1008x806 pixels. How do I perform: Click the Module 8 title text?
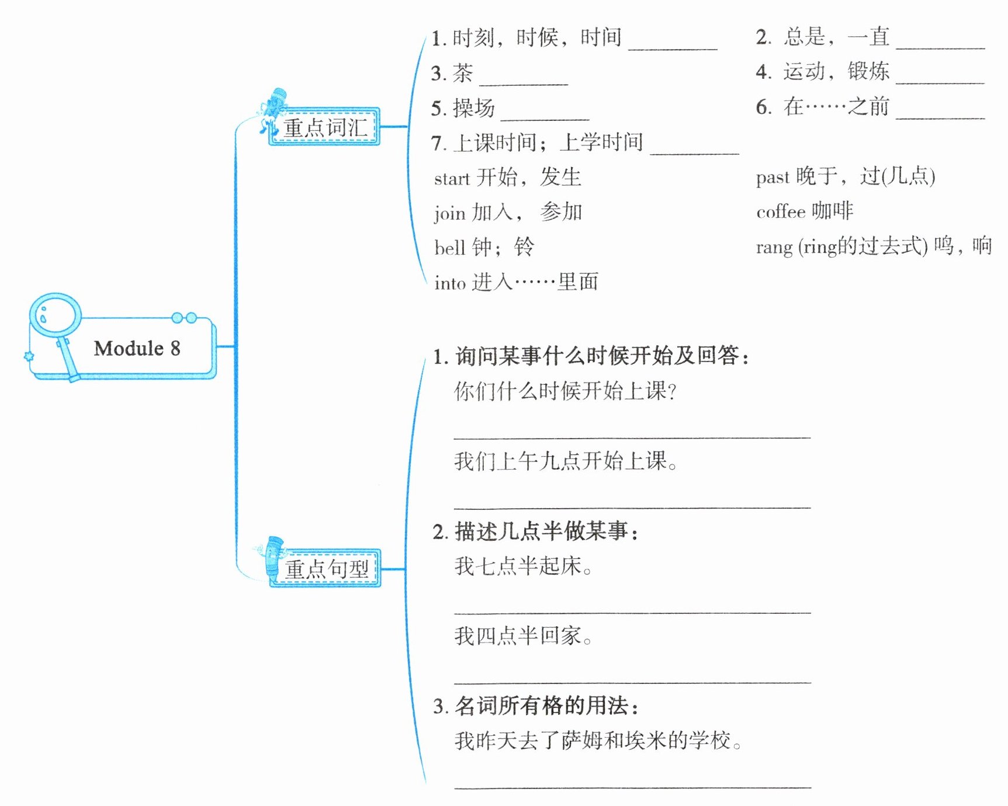click(137, 349)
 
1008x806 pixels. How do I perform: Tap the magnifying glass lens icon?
click(55, 315)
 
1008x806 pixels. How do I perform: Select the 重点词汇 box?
click(325, 127)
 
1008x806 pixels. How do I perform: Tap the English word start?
click(452, 179)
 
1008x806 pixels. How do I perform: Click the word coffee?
click(781, 212)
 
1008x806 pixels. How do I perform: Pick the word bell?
click(449, 248)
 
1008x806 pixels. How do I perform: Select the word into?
click(449, 283)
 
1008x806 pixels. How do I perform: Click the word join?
click(449, 213)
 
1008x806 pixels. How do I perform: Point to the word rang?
click(774, 248)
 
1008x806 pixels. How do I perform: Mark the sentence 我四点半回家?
click(523, 636)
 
